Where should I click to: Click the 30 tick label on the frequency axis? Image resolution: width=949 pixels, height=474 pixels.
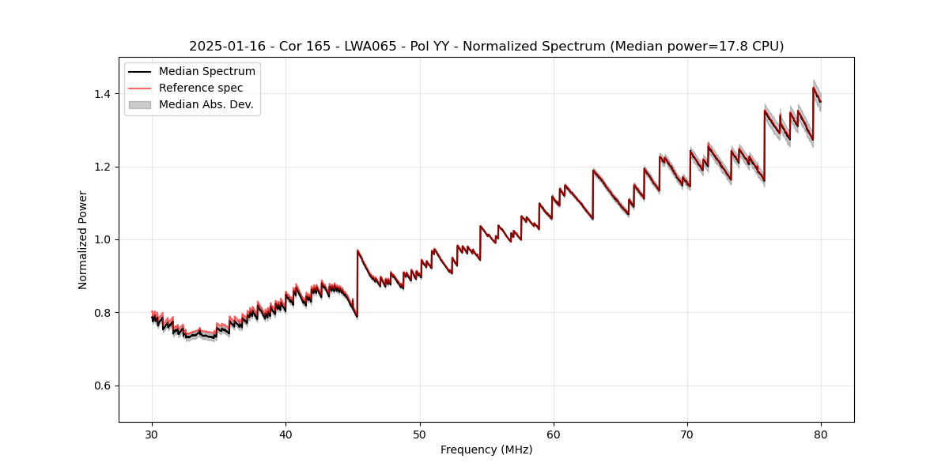[x=152, y=434]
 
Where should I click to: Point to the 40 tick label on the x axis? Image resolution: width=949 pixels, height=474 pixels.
[x=285, y=434]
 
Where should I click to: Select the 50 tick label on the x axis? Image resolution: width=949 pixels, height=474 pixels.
[x=420, y=434]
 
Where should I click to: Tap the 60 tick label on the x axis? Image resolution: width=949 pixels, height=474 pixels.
[x=554, y=434]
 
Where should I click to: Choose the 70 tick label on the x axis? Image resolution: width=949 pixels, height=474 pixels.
[x=687, y=434]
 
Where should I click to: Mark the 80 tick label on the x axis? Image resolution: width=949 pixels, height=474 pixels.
[x=821, y=434]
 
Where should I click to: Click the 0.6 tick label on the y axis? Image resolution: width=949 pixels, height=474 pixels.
[x=102, y=386]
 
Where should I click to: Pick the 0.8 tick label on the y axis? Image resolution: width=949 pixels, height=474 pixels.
[x=102, y=313]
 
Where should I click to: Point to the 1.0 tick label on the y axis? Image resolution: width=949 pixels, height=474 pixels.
[x=102, y=239]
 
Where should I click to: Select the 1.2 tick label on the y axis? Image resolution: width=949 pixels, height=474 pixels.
[x=102, y=167]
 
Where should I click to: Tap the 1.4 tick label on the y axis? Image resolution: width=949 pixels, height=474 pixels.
[x=102, y=94]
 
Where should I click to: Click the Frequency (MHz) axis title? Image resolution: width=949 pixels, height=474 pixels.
[x=486, y=450]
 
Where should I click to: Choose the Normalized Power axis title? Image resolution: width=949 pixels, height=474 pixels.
[x=83, y=239]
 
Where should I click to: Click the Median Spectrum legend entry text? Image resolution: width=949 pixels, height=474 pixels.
[x=206, y=72]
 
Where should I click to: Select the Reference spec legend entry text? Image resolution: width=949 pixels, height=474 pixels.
[x=201, y=88]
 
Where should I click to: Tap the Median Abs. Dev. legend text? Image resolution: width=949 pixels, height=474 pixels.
[x=206, y=104]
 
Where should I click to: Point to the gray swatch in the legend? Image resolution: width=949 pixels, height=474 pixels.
[x=140, y=104]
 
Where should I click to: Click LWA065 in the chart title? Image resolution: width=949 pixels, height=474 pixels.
[x=370, y=47]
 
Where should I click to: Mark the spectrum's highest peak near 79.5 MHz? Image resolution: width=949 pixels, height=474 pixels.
[x=813, y=88]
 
